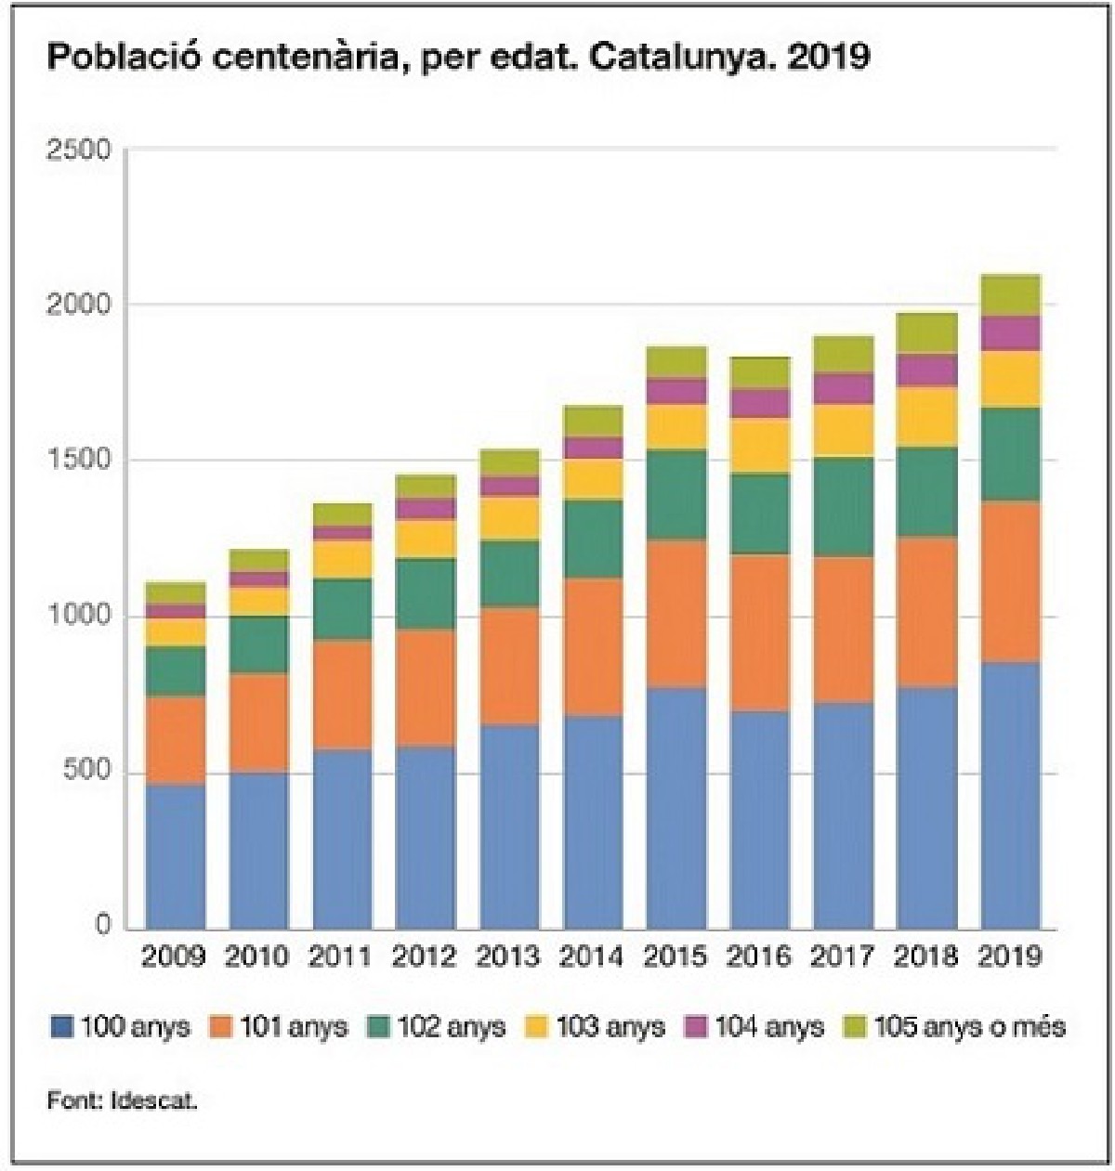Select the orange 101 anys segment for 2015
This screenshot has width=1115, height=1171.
click(676, 614)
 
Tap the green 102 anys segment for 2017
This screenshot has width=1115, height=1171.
click(844, 507)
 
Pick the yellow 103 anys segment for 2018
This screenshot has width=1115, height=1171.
click(927, 417)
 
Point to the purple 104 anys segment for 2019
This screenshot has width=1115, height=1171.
click(1011, 333)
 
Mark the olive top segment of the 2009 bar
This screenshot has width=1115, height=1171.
click(176, 592)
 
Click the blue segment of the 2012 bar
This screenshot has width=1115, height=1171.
click(426, 838)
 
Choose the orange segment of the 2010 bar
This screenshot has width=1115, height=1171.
click(259, 722)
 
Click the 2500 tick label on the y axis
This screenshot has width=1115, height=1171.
click(78, 150)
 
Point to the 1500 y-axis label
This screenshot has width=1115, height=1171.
click(78, 461)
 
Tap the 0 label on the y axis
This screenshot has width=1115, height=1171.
click(102, 926)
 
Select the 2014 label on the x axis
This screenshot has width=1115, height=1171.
click(592, 956)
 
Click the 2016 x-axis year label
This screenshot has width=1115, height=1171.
click(759, 956)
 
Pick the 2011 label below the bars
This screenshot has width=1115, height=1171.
click(341, 956)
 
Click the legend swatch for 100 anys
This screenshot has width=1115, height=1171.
click(61, 1027)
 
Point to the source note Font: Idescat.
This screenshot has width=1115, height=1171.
click(123, 1101)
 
